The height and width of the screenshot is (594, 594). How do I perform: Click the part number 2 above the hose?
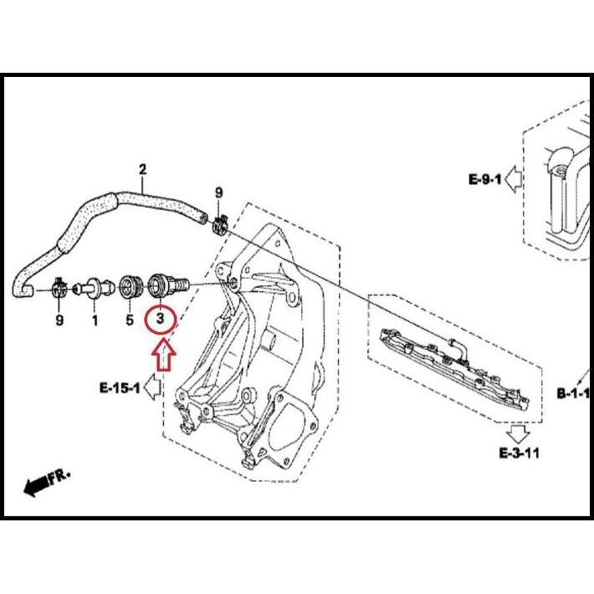[142, 170]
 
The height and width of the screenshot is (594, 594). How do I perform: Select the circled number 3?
[160, 320]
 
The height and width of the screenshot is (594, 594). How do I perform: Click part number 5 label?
[130, 320]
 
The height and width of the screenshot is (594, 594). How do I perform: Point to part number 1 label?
[94, 320]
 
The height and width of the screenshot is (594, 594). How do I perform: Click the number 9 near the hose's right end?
[218, 193]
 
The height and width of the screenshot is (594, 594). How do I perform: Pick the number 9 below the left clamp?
[59, 320]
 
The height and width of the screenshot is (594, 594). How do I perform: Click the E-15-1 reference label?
[120, 387]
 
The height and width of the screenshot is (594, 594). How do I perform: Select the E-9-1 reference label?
[485, 179]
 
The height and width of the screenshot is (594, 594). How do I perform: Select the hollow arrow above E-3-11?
[518, 433]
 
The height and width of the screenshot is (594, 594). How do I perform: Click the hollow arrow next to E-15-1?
[152, 387]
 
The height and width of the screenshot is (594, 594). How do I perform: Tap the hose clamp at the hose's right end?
[221, 223]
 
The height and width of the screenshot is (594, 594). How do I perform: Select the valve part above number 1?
[95, 286]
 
